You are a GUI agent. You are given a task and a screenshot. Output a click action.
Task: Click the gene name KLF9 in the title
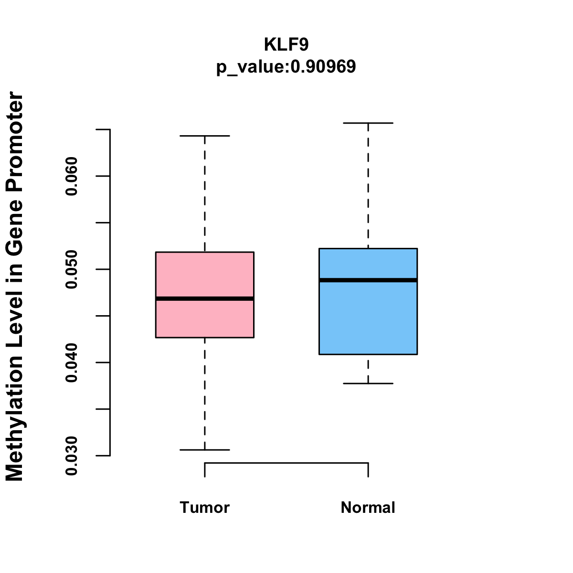pos(286,45)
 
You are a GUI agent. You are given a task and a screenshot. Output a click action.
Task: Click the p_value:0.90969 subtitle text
pos(286,67)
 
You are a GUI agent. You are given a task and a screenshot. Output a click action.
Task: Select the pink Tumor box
pos(204,320)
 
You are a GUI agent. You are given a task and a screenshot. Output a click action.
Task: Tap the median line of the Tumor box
pos(204,299)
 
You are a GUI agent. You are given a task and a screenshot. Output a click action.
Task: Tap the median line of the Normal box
pos(368,280)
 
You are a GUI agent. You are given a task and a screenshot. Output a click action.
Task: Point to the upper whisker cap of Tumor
pos(204,136)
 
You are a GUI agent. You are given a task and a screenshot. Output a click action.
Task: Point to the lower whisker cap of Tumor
pos(204,450)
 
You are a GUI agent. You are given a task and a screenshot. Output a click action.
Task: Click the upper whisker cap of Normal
pos(368,123)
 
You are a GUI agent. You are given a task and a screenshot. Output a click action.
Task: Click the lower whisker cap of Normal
pos(368,383)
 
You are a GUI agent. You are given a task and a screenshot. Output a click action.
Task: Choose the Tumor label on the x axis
pos(204,508)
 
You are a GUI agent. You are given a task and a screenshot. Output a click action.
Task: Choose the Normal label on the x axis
pos(368,508)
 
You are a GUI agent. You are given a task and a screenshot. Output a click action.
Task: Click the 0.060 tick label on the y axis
pos(72,176)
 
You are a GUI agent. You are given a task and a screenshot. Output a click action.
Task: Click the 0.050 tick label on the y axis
pos(72,269)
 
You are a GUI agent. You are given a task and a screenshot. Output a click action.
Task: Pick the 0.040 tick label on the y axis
pos(72,363)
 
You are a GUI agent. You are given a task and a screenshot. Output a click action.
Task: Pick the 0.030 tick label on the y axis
pos(72,456)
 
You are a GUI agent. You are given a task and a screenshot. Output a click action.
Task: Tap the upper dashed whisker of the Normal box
pos(368,186)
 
